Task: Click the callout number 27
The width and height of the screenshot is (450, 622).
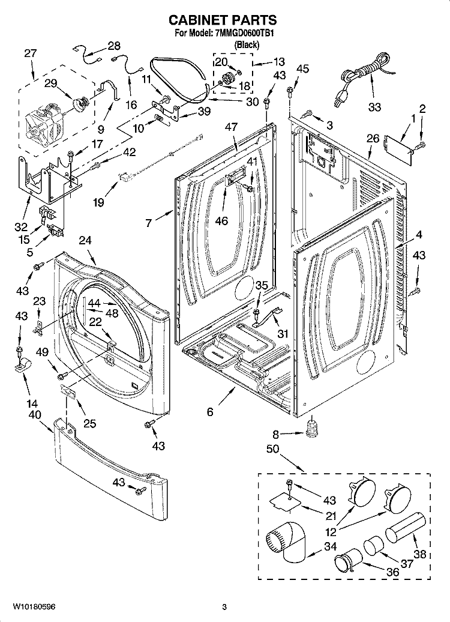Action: point(30,53)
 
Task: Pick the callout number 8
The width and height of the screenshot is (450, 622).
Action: point(275,433)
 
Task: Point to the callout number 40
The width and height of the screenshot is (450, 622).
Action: point(34,414)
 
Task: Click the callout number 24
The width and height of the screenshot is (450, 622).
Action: point(85,240)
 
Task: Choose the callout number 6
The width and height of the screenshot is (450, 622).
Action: point(210,412)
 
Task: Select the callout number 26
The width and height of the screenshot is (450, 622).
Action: point(373,139)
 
